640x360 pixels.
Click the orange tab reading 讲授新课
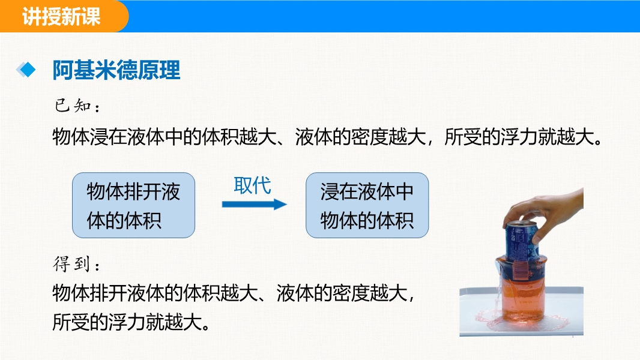pos(61,16)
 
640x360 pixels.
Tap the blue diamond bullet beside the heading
pos(26,70)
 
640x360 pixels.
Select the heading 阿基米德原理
pos(116,70)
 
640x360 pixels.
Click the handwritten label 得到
pos(76,264)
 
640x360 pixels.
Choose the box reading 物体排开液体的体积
pos(133,205)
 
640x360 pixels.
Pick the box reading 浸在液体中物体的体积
pos(367,205)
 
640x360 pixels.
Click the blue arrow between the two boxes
pos(255,204)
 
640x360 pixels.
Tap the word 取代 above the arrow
pos(252,185)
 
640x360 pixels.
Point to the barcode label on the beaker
pos(520,269)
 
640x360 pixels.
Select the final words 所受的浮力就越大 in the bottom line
pos(131,322)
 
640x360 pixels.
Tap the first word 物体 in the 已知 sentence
pos(71,137)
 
